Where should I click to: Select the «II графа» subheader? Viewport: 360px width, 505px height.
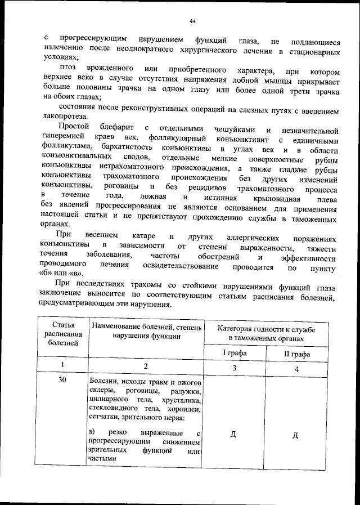pyautogui.click(x=297, y=354)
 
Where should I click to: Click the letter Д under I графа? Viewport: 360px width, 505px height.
pyautogui.click(x=233, y=435)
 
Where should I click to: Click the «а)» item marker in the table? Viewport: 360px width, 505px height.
pyautogui.click(x=93, y=432)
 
